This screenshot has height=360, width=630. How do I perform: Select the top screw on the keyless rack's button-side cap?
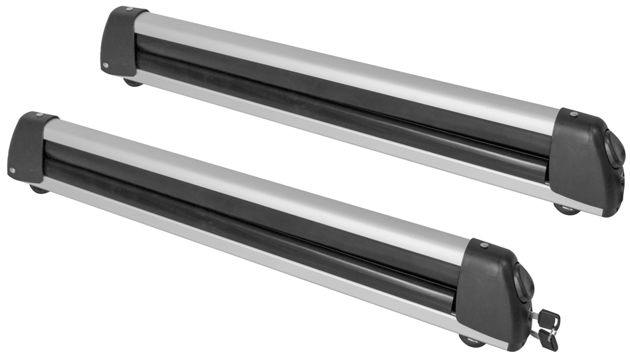coord(571,114)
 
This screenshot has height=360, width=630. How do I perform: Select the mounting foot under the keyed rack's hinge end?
coord(39,188)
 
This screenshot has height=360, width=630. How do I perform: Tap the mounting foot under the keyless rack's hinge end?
coord(132,82)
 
